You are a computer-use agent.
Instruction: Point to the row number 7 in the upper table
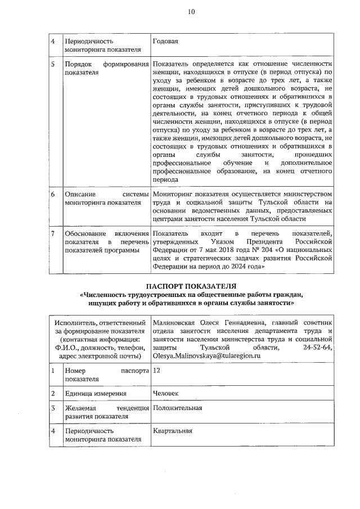pos(53,233)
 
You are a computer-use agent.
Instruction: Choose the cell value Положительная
pos(177,408)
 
